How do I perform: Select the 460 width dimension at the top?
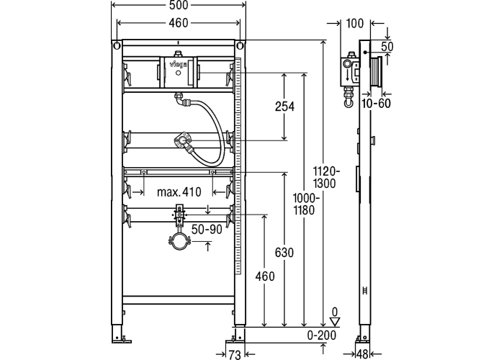click(x=180, y=23)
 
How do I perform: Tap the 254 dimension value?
click(x=285, y=107)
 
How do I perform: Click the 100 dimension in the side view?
click(x=355, y=23)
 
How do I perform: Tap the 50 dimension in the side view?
click(x=387, y=46)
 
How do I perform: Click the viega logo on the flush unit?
click(x=178, y=66)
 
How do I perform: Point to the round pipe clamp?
click(x=179, y=239)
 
